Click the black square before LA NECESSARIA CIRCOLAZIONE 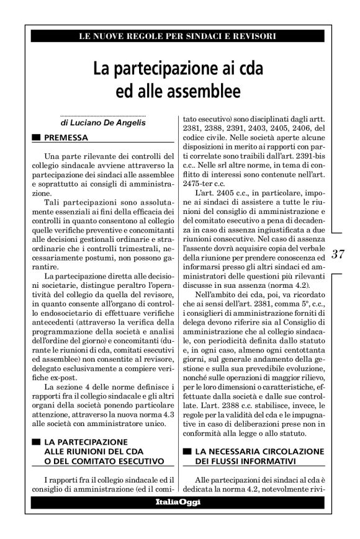[x=185, y=452]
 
